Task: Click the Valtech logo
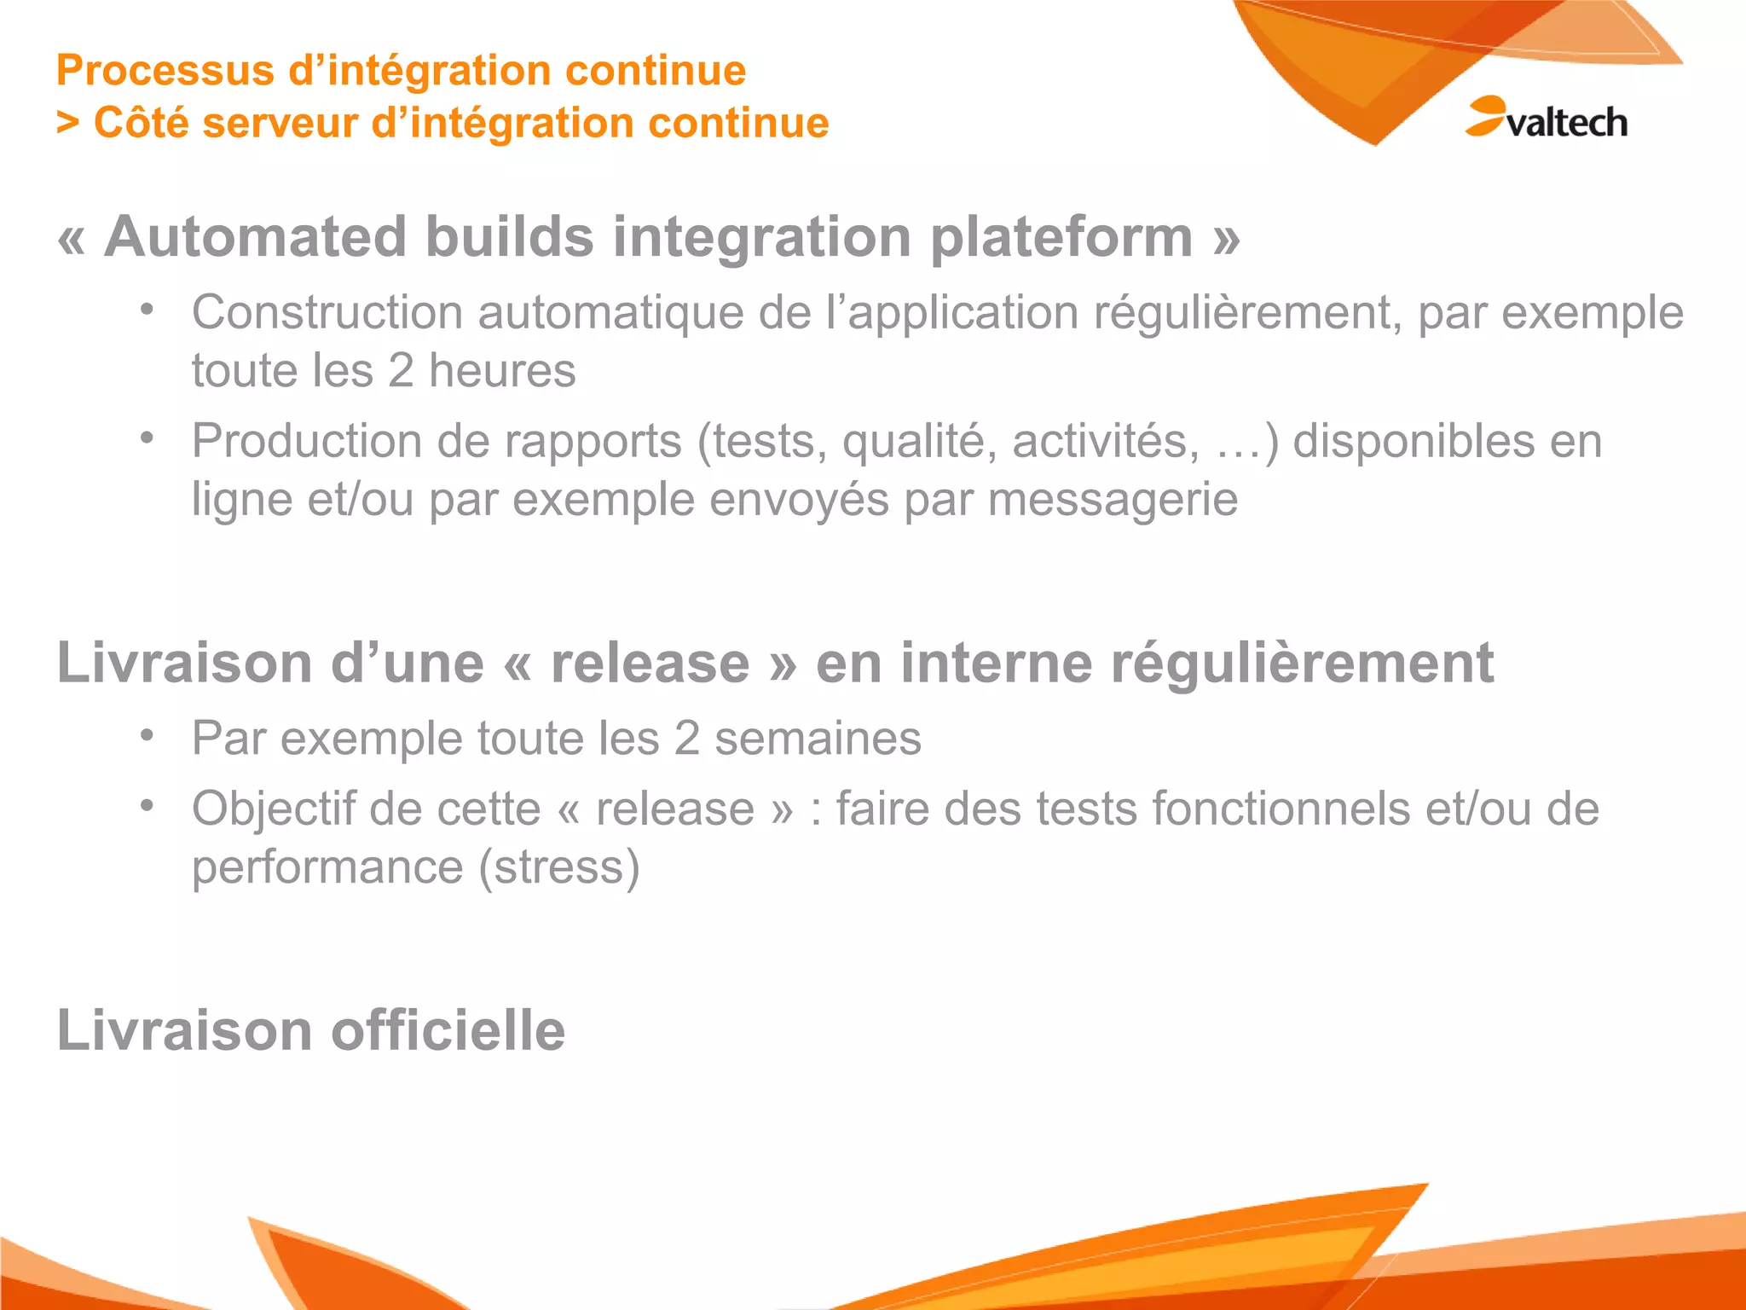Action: pyautogui.click(x=1547, y=119)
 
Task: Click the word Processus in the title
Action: pyautogui.click(x=164, y=71)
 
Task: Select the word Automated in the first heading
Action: pyautogui.click(x=255, y=237)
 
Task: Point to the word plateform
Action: pyautogui.click(x=1061, y=237)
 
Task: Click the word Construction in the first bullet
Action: pyautogui.click(x=327, y=313)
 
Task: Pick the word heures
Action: pyautogui.click(x=502, y=371)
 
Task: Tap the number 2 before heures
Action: pyautogui.click(x=401, y=371)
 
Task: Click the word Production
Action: pyautogui.click(x=307, y=442)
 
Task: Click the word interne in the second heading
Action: pyautogui.click(x=996, y=664)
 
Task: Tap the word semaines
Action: pyautogui.click(x=818, y=739)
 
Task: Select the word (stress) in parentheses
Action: pyautogui.click(x=558, y=868)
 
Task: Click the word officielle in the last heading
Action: pyautogui.click(x=448, y=1031)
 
